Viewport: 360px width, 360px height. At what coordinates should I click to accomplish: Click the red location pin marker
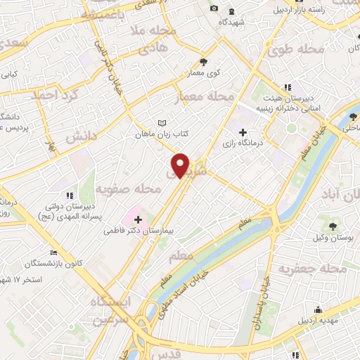[182, 165]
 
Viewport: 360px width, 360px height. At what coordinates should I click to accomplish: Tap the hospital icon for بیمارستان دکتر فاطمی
[138, 220]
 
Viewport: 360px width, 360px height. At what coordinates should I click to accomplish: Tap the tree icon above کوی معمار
[204, 62]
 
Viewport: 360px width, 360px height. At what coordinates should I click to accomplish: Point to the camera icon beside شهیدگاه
[214, 8]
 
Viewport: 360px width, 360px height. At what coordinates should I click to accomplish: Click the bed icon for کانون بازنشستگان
[53, 253]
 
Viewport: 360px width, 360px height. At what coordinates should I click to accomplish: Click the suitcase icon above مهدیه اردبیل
[318, 309]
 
